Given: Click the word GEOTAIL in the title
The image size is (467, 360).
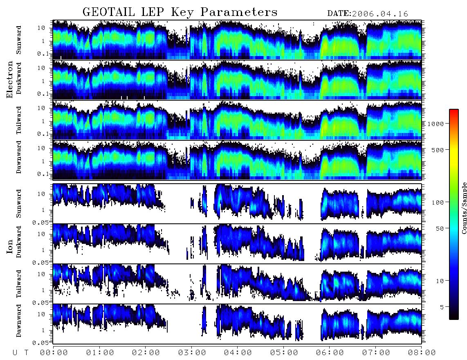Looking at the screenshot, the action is (x=108, y=12).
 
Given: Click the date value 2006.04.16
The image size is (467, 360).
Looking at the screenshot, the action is (x=380, y=14).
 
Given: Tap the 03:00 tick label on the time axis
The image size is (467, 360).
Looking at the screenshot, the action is (x=192, y=353).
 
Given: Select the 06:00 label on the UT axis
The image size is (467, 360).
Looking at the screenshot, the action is (x=330, y=353).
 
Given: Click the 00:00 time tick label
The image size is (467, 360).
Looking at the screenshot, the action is (x=54, y=353).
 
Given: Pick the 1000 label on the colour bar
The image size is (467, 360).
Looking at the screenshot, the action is (x=436, y=124).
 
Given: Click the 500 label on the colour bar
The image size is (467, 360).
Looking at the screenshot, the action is (x=438, y=150).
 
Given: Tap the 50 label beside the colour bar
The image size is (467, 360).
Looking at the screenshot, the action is (x=440, y=229).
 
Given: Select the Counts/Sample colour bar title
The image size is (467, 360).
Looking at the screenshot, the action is (x=464, y=208).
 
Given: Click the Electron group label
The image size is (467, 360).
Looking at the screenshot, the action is (x=10, y=79).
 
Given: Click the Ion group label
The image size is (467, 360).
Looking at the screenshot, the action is (x=10, y=246).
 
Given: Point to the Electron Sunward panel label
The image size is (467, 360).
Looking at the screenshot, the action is (x=19, y=40).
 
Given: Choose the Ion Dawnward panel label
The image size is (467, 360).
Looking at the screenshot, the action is (x=19, y=320).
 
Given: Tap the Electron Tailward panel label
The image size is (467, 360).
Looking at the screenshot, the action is (x=19, y=120).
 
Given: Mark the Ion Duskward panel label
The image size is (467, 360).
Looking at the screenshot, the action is (x=19, y=242).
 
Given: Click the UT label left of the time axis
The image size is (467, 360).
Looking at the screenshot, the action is (x=20, y=353).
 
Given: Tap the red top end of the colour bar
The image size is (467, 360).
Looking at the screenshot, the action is (x=454, y=111).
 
